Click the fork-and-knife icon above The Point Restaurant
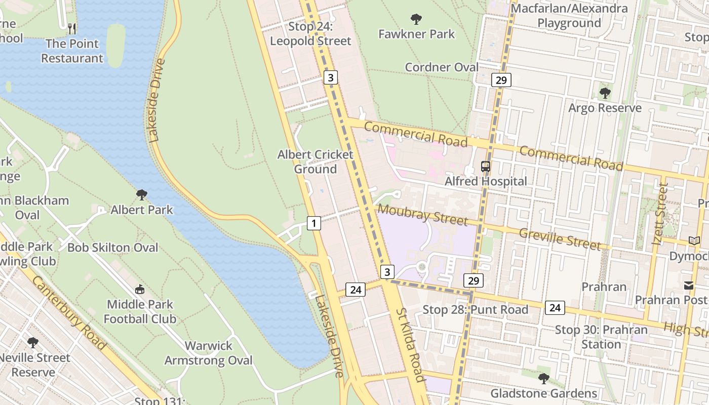(x=72, y=28)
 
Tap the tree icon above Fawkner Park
(x=416, y=20)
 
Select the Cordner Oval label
(x=442, y=67)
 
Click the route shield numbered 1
(x=314, y=223)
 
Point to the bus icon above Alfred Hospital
(x=486, y=166)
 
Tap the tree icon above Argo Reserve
(x=605, y=93)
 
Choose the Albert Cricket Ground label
(x=315, y=161)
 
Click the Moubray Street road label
(x=422, y=215)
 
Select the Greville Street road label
(x=560, y=238)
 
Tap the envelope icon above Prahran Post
(x=689, y=286)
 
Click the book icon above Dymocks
(x=693, y=241)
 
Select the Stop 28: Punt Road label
(x=475, y=309)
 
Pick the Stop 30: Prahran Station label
(x=601, y=337)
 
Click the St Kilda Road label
(x=409, y=344)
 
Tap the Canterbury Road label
(x=69, y=313)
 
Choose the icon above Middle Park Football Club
(x=140, y=290)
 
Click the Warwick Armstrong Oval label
(x=208, y=353)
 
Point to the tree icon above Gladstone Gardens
(x=543, y=378)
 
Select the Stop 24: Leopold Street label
(x=310, y=34)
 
